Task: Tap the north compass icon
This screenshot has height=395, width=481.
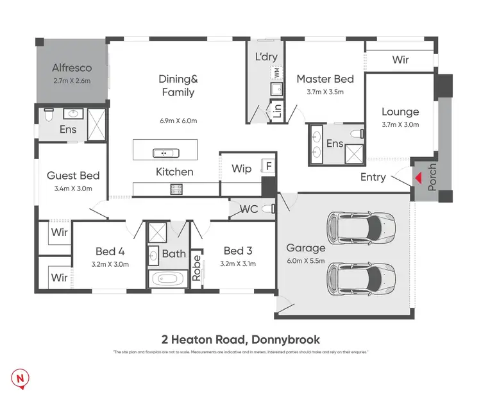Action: click(x=22, y=379)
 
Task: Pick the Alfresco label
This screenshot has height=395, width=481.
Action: click(x=71, y=67)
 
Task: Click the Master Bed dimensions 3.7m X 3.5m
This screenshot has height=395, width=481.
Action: click(x=325, y=92)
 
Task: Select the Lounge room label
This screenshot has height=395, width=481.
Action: click(x=400, y=112)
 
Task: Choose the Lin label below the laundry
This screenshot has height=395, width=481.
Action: click(x=277, y=112)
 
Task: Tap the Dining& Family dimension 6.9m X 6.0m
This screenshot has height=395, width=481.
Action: click(x=178, y=121)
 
